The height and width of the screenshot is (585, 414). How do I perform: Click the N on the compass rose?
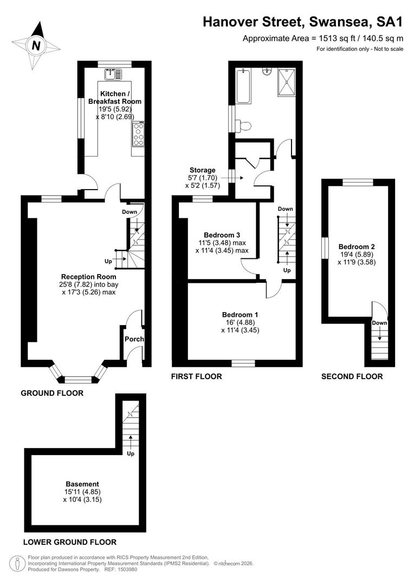coord(36,46)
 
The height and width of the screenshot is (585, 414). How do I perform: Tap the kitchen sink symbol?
coord(113,74)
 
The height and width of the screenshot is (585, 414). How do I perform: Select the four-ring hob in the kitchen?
coord(138,134)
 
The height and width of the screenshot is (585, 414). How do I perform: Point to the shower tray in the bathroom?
coord(286,82)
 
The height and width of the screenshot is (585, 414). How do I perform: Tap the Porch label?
coord(134,339)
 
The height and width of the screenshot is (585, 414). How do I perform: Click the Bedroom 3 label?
coord(222,235)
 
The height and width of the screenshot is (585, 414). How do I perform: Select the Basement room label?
coord(82,484)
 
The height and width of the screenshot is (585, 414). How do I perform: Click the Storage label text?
coord(202,170)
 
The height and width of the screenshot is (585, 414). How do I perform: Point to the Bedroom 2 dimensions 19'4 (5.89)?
coord(357,255)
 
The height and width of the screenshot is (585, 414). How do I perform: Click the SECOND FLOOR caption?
coord(352,377)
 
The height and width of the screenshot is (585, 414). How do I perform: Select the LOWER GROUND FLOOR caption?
coord(70,542)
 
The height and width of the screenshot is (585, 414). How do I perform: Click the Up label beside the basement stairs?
coord(130,454)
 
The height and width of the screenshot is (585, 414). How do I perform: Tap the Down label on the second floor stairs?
coord(379,323)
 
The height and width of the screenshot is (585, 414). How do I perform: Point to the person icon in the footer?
coord(17,563)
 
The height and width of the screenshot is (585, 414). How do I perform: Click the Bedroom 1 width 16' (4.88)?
coord(240,322)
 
